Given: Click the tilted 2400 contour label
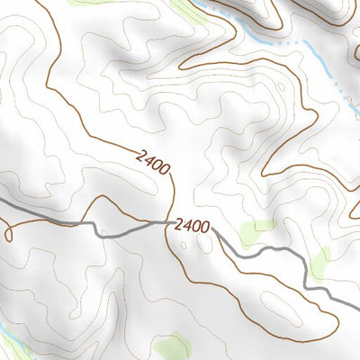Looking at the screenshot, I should [152, 163].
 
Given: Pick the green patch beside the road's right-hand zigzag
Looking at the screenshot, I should [320, 262].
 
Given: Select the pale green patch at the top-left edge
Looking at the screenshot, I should [90, 3].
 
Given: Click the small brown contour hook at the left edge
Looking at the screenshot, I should [9, 232].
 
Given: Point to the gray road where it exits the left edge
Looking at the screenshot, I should [3, 202].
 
